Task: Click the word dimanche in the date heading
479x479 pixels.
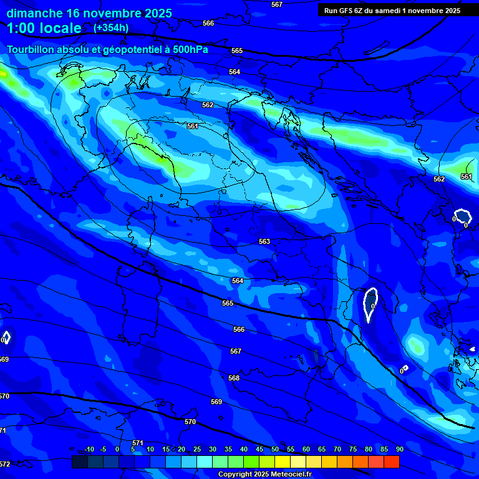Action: (34, 13)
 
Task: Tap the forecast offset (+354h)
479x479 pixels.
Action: (111, 27)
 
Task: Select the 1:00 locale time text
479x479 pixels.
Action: (44, 28)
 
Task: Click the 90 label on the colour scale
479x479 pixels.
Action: (400, 449)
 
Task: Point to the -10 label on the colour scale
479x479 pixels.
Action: (89, 449)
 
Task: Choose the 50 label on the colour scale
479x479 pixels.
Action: (275, 449)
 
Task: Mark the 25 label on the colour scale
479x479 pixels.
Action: (197, 449)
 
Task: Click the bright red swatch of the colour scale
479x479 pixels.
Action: (391, 462)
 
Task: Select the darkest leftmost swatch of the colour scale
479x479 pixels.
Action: (79, 462)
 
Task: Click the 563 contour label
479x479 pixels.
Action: (264, 241)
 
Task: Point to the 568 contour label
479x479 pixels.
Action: (234, 378)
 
